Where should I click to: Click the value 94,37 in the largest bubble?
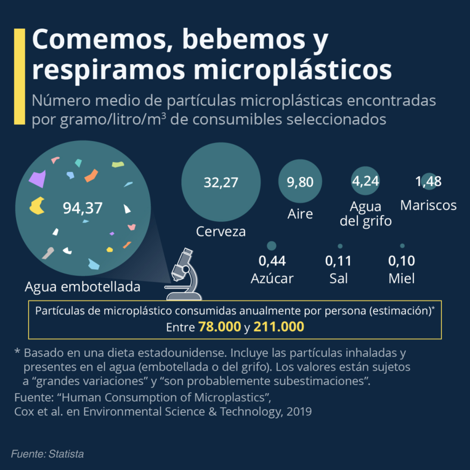pos(83,208)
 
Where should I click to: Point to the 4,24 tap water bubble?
pos(365,181)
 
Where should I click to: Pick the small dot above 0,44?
pos(272,246)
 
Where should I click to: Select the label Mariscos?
pos(428,205)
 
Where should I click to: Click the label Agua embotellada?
pos(82,287)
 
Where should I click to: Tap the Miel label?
pos(402,279)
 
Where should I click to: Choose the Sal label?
pos(339,279)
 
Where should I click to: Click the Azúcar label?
pos(272,279)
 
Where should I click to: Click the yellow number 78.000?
pos(219,327)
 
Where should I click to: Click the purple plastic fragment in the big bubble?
pos(37,179)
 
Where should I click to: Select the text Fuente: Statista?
pos(47,454)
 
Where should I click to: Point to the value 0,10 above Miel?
pos(402,261)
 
